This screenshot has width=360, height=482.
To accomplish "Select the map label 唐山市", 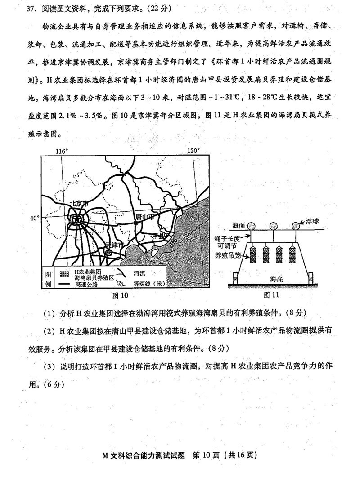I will [148, 217].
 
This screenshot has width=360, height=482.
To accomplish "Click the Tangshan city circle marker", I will [135, 223].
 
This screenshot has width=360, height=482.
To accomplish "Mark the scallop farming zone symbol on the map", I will [172, 243].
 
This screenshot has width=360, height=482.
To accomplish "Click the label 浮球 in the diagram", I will [311, 222].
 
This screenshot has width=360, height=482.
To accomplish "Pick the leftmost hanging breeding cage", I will [252, 254].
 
